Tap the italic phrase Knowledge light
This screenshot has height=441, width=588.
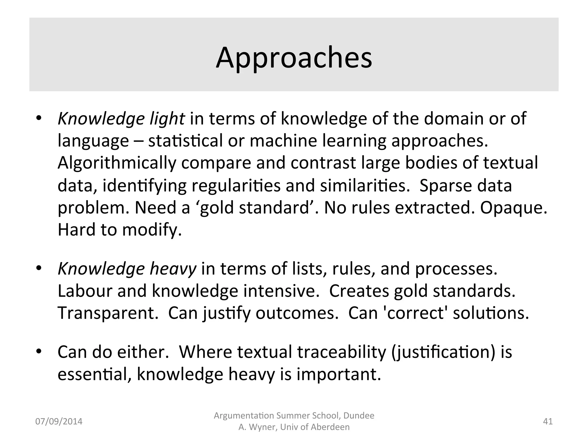pyautogui.click(x=121, y=119)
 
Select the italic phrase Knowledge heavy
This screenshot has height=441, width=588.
pyautogui.click(x=127, y=269)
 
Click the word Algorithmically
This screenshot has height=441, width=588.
pyautogui.click(x=117, y=163)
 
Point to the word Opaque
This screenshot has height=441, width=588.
pyautogui.click(x=513, y=208)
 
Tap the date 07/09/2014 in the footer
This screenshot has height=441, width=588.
pyautogui.click(x=59, y=421)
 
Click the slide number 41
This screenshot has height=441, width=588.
pyautogui.click(x=548, y=421)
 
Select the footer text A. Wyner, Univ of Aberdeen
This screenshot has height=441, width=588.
pyautogui.click(x=294, y=427)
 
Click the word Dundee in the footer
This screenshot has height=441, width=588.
pyautogui.click(x=359, y=416)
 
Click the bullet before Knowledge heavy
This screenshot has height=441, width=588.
pyautogui.click(x=39, y=268)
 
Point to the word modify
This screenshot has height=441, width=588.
pyautogui.click(x=152, y=230)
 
